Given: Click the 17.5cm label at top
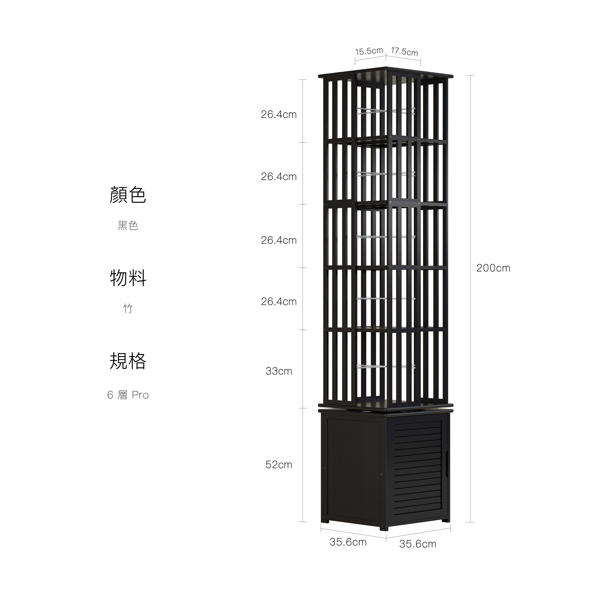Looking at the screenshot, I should (x=404, y=52).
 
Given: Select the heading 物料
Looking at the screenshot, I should (x=128, y=278).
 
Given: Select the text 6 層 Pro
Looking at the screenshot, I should (x=128, y=395).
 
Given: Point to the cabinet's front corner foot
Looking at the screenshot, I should (x=384, y=528).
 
